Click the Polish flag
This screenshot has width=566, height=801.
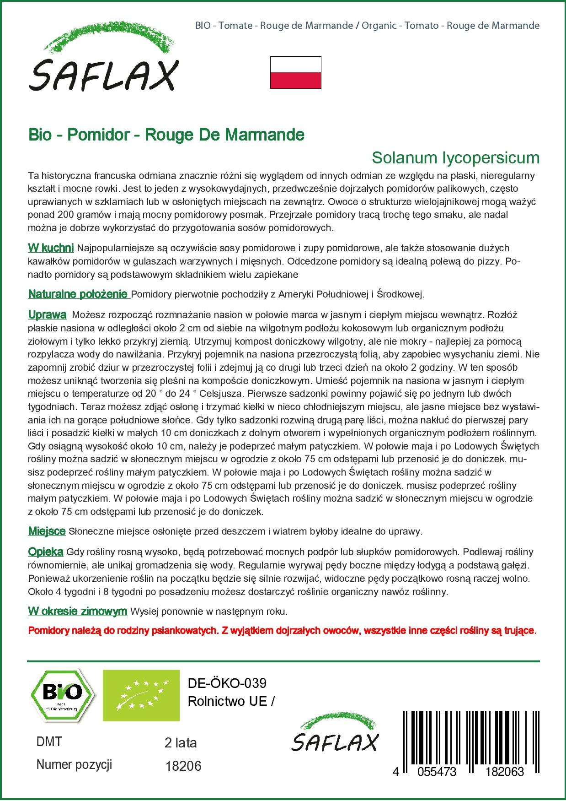click(295, 72)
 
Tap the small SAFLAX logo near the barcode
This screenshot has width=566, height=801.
click(336, 733)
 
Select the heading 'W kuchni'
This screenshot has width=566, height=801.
click(51, 248)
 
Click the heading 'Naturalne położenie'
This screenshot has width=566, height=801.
click(79, 294)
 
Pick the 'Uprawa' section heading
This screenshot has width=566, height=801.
click(47, 315)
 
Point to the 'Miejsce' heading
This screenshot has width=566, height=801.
click(47, 531)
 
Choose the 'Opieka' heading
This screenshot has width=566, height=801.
click(46, 552)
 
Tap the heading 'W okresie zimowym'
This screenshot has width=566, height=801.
click(77, 611)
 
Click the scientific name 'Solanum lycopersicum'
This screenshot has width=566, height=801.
click(455, 157)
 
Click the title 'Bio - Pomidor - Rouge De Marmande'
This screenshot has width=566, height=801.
click(166, 135)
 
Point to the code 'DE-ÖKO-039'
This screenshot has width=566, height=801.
click(227, 683)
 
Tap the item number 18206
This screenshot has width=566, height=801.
click(182, 766)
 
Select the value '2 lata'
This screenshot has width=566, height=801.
click(180, 743)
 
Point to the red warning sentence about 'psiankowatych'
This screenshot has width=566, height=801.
click(282, 631)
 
